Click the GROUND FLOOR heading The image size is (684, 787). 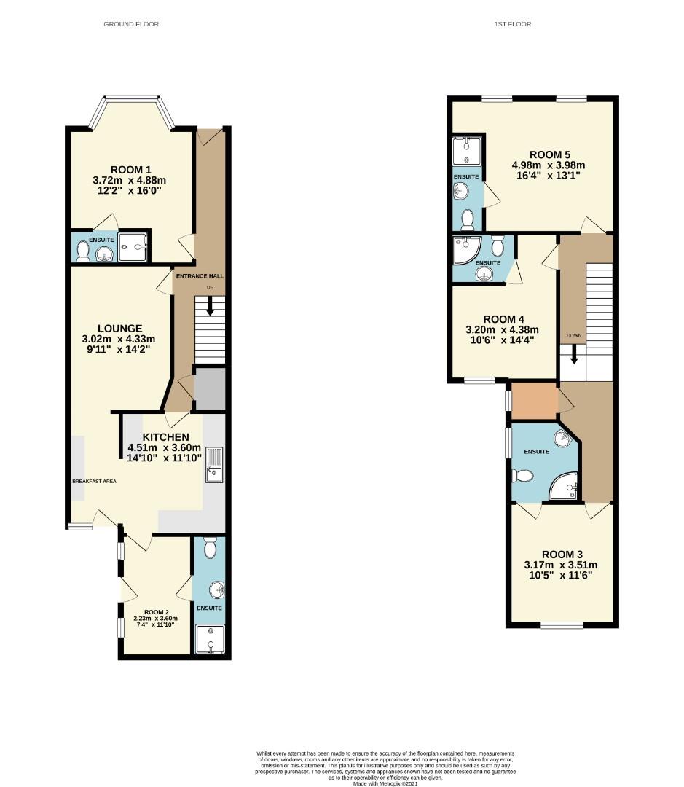pyautogui.click(x=131, y=24)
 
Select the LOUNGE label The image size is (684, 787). pyautogui.click(x=120, y=328)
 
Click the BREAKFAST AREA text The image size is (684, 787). pyautogui.click(x=94, y=482)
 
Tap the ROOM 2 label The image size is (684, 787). pyautogui.click(x=157, y=611)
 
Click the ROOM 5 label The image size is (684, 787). pyautogui.click(x=550, y=154)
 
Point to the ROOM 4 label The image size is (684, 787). pyautogui.click(x=504, y=318)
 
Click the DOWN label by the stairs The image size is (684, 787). pyautogui.click(x=574, y=336)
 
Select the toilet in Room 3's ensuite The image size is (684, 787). pyautogui.click(x=522, y=476)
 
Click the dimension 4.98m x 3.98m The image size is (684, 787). pyautogui.click(x=549, y=165)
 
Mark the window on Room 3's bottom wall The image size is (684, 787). pyautogui.click(x=562, y=624)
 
